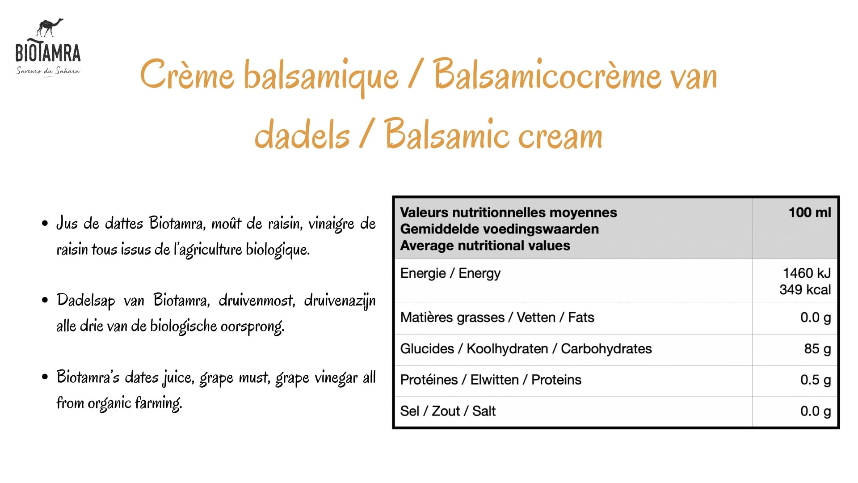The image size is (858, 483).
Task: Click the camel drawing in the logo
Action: (50, 28)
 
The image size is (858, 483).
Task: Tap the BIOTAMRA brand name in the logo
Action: (48, 53)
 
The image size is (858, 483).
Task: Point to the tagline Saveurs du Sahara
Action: (48, 71)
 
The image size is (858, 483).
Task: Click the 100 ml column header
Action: (810, 212)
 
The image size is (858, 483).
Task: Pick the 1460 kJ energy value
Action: (807, 273)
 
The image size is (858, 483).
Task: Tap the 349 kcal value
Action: (805, 289)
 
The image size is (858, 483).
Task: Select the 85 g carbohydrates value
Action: (817, 348)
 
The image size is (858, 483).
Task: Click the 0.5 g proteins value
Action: (816, 380)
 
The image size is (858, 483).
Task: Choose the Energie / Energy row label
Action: (450, 273)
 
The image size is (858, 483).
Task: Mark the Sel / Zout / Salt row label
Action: (448, 411)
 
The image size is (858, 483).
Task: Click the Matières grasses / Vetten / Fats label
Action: (497, 318)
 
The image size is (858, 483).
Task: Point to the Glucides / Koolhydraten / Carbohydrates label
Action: (526, 349)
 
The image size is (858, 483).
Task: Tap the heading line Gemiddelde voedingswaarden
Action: (500, 229)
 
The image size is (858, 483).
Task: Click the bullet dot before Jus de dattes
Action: (45, 223)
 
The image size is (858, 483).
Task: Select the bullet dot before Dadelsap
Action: (45, 300)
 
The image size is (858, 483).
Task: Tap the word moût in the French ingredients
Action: (227, 223)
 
